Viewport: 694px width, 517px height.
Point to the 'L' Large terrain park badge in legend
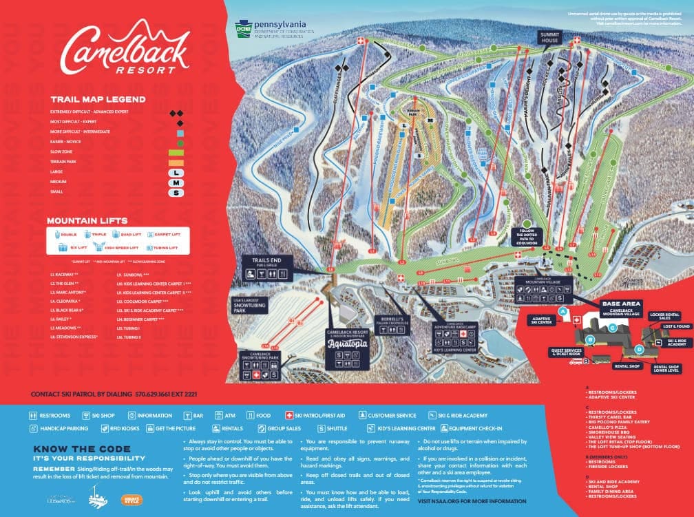[178, 172]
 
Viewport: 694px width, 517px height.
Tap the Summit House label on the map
[550, 39]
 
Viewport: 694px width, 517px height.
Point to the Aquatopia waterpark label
[344, 341]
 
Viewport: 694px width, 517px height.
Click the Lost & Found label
[676, 326]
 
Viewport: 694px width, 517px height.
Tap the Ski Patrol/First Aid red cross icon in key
[289, 416]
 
